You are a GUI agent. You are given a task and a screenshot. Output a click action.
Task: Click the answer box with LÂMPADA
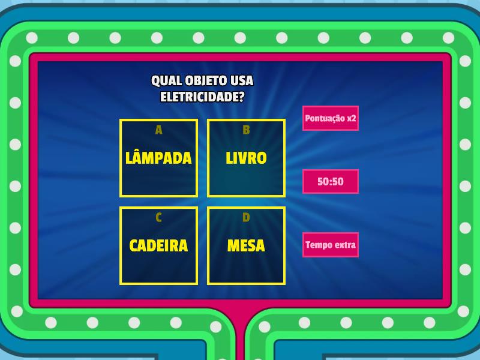tap(158, 158)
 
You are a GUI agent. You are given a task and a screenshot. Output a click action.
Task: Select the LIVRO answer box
tap(246, 158)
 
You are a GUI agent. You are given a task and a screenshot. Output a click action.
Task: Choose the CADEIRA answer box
tap(158, 246)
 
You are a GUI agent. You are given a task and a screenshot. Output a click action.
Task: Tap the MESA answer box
tap(246, 246)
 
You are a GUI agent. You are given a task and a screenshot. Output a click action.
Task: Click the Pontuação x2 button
tap(331, 118)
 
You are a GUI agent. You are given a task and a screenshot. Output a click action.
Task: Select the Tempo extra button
tap(331, 245)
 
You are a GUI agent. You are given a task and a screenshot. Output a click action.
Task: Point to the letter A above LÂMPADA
tap(158, 130)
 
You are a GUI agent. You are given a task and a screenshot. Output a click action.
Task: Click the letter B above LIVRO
tap(246, 130)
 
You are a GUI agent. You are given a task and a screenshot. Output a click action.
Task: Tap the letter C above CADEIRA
tap(158, 217)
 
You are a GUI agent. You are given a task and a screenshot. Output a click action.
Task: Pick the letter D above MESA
tap(246, 217)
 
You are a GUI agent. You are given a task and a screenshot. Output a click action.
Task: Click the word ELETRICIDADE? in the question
tap(202, 96)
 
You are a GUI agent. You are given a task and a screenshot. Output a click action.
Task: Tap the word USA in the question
tap(242, 80)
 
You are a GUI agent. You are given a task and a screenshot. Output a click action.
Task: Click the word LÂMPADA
tap(158, 158)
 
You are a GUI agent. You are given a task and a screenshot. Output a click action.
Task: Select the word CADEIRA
tap(158, 246)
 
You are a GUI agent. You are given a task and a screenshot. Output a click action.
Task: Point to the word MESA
tap(246, 246)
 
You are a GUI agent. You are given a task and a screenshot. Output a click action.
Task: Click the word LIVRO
tap(246, 158)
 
